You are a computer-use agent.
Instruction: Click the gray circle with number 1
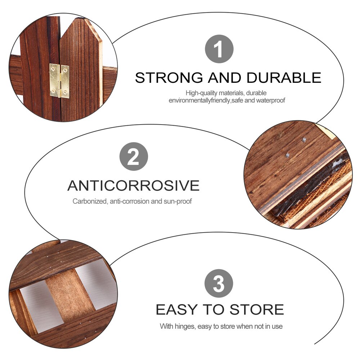click(x=219, y=49)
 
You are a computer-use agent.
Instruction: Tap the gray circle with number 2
click(x=134, y=157)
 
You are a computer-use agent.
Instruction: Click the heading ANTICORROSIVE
click(x=133, y=186)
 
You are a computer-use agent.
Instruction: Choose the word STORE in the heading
click(x=257, y=310)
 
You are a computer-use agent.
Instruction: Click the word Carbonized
click(x=89, y=201)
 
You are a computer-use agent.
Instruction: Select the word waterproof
click(x=270, y=100)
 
